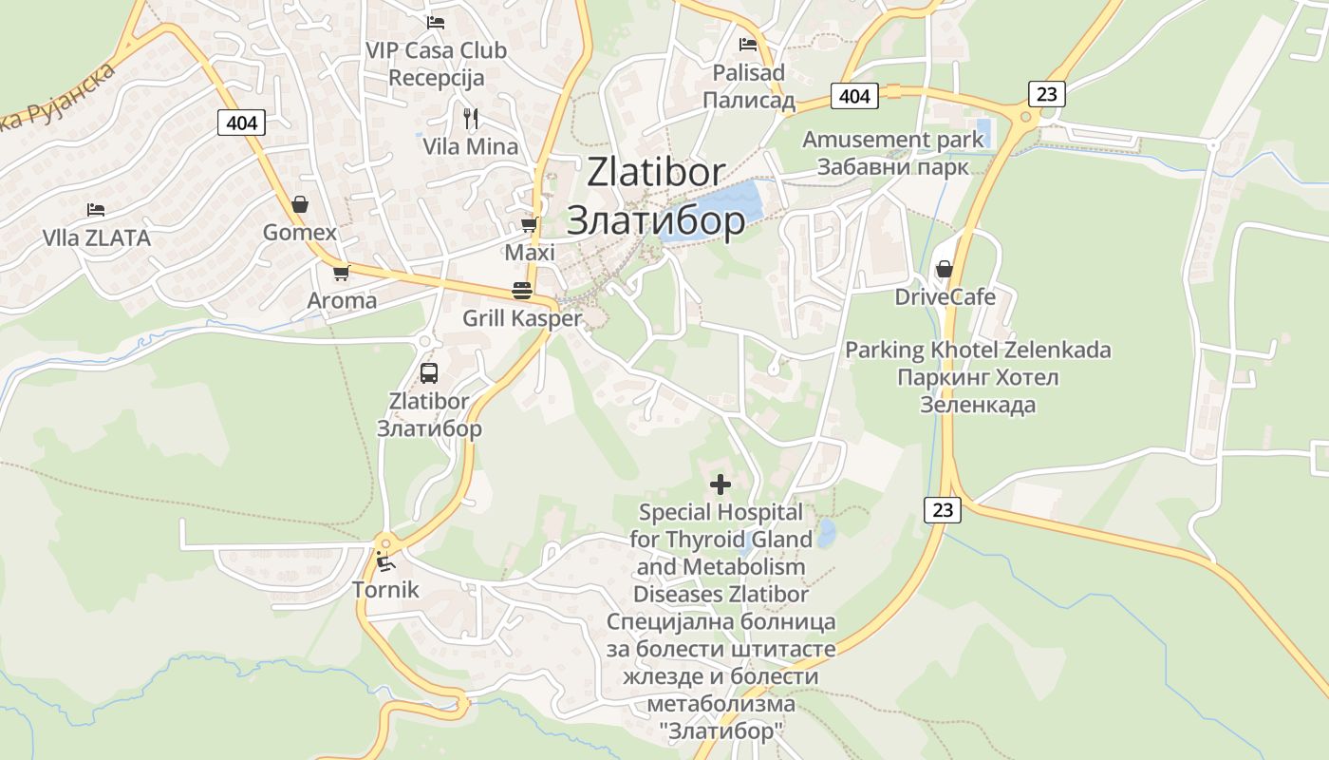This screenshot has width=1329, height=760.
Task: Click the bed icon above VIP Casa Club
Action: (436, 22)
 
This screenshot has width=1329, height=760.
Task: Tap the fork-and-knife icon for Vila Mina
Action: (470, 119)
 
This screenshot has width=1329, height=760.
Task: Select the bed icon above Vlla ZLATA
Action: (95, 209)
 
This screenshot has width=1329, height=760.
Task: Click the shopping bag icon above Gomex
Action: (299, 204)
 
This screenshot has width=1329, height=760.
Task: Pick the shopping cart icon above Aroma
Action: (341, 273)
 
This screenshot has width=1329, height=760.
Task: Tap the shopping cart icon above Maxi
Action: (529, 225)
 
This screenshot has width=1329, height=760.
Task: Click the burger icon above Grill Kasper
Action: (521, 290)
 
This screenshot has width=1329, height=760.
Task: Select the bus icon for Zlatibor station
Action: (429, 372)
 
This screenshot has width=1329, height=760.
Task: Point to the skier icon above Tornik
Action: (384, 561)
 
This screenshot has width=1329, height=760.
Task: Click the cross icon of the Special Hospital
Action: (721, 484)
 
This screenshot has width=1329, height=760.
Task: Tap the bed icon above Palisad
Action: (748, 44)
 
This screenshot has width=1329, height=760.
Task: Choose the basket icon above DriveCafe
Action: (945, 269)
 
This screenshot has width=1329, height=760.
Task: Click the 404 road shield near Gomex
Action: (241, 123)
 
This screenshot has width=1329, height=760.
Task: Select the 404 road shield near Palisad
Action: (854, 96)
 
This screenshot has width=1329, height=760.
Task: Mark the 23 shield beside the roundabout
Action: (1046, 94)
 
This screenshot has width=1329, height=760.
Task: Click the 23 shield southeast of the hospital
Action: (943, 510)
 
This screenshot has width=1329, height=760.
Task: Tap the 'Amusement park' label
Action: (893, 140)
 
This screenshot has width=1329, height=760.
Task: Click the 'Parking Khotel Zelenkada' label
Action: (978, 350)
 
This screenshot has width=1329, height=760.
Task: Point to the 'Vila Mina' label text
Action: (471, 146)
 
